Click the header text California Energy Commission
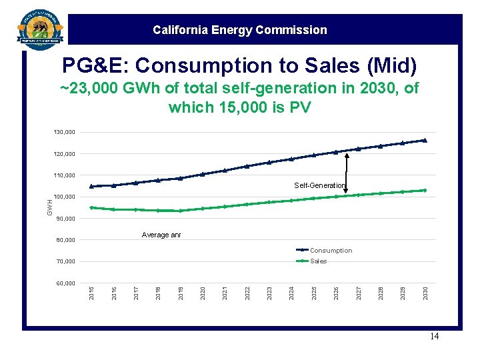click(x=239, y=30)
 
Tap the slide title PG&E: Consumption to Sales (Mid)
click(x=239, y=65)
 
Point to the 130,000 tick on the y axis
click(x=65, y=133)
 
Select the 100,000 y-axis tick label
click(x=65, y=197)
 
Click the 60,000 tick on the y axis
click(x=65, y=283)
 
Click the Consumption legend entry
click(x=330, y=251)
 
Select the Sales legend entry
click(x=318, y=261)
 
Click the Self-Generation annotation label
click(x=320, y=185)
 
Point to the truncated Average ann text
click(x=161, y=235)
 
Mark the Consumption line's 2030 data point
click(x=424, y=141)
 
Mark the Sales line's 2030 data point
click(x=424, y=190)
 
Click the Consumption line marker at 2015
click(x=92, y=186)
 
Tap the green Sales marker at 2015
click(x=92, y=207)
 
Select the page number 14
click(x=434, y=337)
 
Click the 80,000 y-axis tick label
click(x=65, y=240)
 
